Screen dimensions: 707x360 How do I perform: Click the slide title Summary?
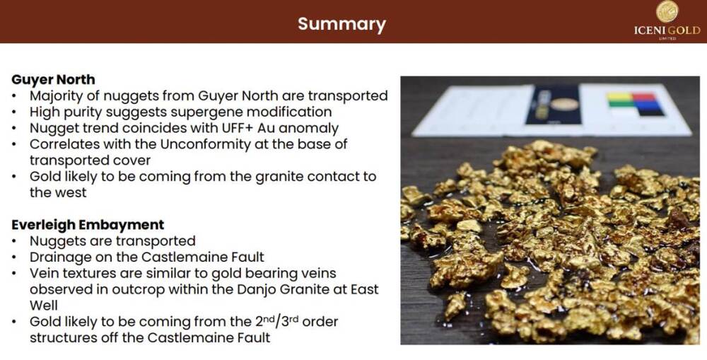coord(341,23)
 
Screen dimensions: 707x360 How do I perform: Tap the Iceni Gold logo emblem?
coord(667,11)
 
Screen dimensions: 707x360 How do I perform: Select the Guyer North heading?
coord(53,80)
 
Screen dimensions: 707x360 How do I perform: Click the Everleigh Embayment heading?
coord(88,225)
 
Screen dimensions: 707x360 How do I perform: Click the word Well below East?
coord(44,306)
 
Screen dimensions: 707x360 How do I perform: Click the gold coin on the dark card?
coord(564,104)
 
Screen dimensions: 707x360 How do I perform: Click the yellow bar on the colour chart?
coord(619,96)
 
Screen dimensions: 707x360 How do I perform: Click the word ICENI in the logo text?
coord(649,30)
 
